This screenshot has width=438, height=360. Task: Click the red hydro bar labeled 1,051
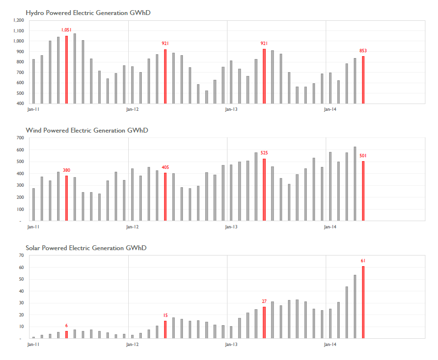click(x=66, y=70)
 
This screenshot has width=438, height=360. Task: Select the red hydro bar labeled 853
click(x=363, y=80)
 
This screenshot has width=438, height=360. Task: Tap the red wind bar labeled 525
click(x=264, y=190)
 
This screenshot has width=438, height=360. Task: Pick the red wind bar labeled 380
click(x=66, y=198)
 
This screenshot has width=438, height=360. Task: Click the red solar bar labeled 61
click(x=363, y=302)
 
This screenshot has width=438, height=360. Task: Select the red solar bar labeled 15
click(x=166, y=330)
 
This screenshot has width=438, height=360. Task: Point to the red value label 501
click(x=363, y=155)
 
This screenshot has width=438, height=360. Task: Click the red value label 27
click(x=264, y=301)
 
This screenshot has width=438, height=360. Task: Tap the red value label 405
click(x=166, y=167)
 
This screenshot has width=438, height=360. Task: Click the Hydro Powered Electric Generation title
click(x=88, y=13)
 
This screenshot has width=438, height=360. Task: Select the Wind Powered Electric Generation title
click(x=87, y=131)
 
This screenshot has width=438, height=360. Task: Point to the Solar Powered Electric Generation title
click(x=86, y=248)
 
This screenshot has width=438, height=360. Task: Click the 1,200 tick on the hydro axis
click(x=19, y=20)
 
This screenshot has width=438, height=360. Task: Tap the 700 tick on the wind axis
click(x=20, y=138)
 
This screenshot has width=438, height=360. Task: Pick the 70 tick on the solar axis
click(x=21, y=255)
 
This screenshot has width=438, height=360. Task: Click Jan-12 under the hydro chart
click(x=133, y=109)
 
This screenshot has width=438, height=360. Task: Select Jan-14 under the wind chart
click(x=330, y=227)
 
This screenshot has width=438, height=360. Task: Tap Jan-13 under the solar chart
click(x=231, y=345)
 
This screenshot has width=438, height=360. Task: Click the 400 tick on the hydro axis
click(x=20, y=104)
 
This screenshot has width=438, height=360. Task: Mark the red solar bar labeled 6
click(x=66, y=335)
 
